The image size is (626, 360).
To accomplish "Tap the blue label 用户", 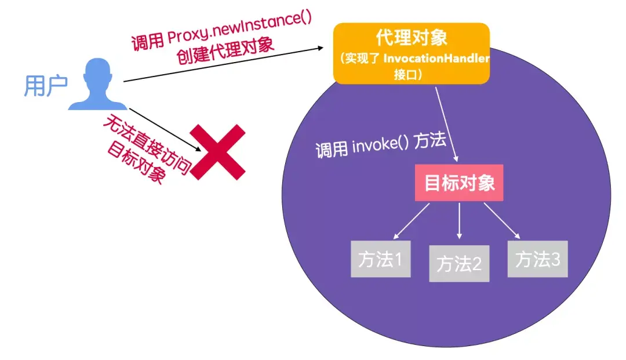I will pyautogui.click(x=45, y=86).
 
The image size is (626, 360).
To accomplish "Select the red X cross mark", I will pyautogui.click(x=219, y=150).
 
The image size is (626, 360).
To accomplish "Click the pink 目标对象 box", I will pyautogui.click(x=460, y=184).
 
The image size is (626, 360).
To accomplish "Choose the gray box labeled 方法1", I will pyautogui.click(x=380, y=259).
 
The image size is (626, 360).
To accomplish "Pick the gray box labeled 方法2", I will pyautogui.click(x=459, y=264).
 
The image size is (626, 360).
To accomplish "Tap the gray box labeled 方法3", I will pyautogui.click(x=538, y=259).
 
